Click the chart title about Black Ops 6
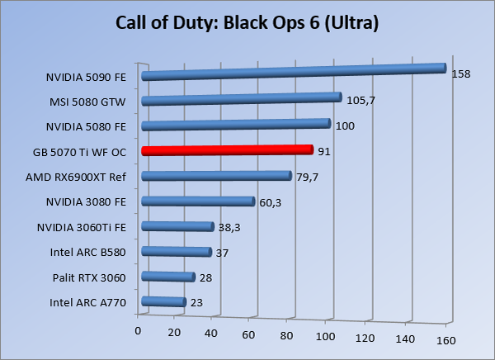(247, 23)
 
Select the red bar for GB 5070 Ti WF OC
(227, 150)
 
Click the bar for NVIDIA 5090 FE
(293, 72)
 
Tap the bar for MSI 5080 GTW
(241, 99)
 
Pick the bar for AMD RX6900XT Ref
(216, 175)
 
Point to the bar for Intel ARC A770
(163, 302)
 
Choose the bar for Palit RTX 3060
(167, 277)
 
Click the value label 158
(460, 74)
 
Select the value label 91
(326, 150)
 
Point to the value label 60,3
(271, 202)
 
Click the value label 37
(224, 253)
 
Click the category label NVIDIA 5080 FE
(87, 127)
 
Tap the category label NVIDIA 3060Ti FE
(82, 227)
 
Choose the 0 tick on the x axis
(139, 331)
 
